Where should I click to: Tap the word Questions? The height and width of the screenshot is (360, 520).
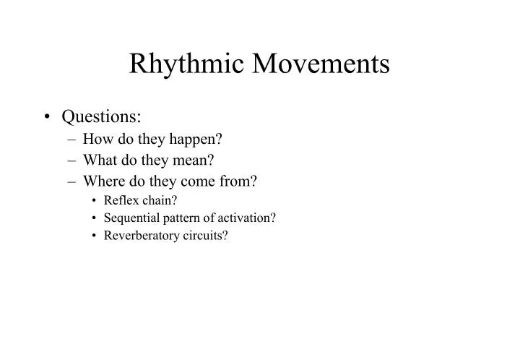(102, 116)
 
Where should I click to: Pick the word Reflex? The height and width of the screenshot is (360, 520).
(120, 200)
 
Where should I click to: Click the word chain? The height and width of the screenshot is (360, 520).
(156, 200)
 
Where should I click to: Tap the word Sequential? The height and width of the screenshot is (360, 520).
(130, 218)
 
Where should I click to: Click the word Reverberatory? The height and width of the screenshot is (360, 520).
(138, 236)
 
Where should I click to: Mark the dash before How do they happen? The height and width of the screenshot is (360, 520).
(74, 139)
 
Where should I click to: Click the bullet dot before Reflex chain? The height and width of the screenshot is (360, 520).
(95, 201)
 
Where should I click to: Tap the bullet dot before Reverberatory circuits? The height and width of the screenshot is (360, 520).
(95, 236)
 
